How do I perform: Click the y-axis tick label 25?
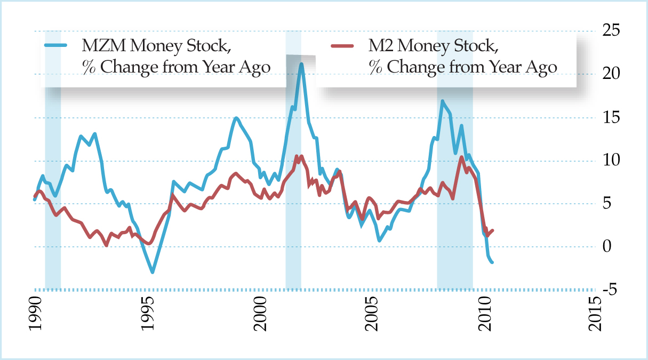coord(616,30)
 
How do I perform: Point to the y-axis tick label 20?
coord(616,74)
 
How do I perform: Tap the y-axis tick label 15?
coord(616,117)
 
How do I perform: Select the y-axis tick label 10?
coord(616,161)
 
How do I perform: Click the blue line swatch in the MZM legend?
coord(56,46)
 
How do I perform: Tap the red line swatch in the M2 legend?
coord(342,46)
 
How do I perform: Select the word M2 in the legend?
coord(381,46)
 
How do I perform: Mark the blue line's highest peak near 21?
coord(301,65)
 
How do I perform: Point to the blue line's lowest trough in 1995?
coord(153,272)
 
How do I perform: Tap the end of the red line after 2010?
coord(493,230)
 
